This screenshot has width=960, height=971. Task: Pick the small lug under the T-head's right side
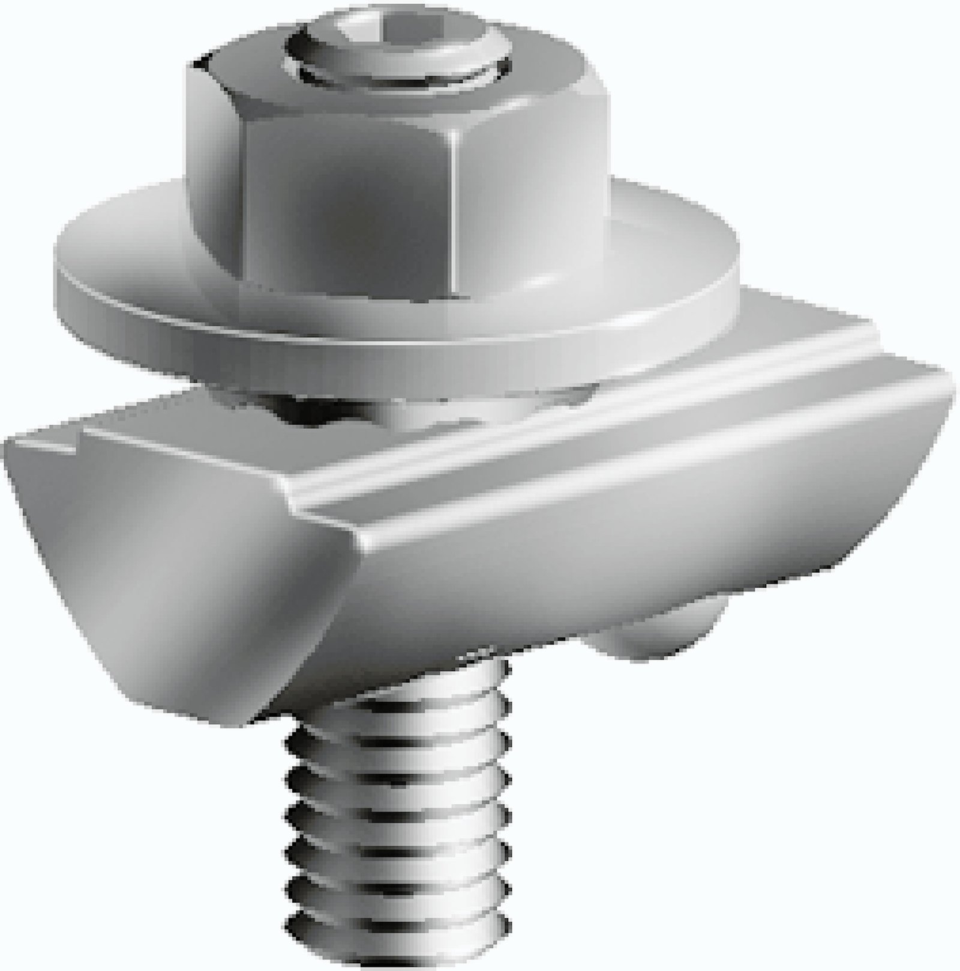click(x=660, y=630)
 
